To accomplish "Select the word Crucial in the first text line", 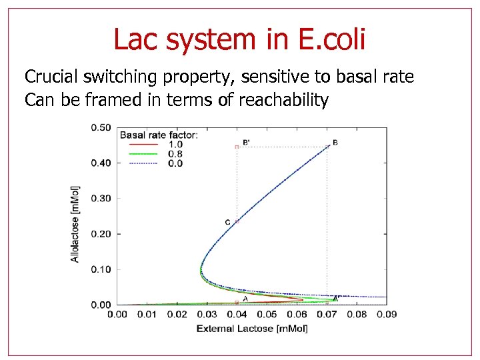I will coord(51,77).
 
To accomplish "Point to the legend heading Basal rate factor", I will coord(159,135).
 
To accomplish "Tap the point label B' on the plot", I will coord(247,142).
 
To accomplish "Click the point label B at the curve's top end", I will coord(335,142).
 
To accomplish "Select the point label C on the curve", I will coord(227,222).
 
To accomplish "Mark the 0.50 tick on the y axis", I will coord(101,127).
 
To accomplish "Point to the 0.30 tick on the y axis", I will coord(101,199).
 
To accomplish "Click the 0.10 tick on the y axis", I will coord(101,269).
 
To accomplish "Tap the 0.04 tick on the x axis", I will coord(237,314).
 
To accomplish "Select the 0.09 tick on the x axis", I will coord(387,314).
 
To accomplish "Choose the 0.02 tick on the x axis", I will coord(177,314).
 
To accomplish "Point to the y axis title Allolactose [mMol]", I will coord(75,223).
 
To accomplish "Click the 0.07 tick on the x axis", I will coord(327,314).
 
